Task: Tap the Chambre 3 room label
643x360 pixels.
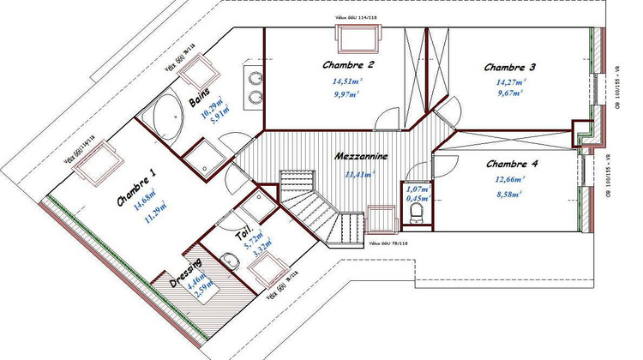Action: click(509, 67)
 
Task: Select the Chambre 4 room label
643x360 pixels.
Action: click(512, 164)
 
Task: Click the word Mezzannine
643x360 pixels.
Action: click(362, 158)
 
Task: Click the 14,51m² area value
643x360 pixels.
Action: click(347, 82)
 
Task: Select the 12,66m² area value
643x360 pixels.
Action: click(511, 180)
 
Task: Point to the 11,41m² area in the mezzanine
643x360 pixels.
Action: click(359, 175)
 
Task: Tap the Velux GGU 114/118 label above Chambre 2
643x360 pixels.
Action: click(355, 16)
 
